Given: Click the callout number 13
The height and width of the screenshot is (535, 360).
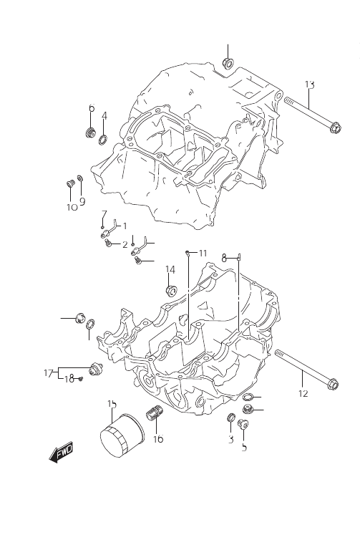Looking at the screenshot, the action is pos(310,85).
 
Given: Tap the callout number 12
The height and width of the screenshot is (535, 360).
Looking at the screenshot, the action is pos(303,393).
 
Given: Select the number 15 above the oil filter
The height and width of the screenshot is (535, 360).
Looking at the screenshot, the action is pos(112,404).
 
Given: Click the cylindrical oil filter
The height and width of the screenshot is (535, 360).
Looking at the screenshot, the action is pos(122,435).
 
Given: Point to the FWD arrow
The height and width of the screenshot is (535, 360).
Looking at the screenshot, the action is pos(62,453).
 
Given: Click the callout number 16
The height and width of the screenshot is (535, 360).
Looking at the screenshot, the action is pos(158,438).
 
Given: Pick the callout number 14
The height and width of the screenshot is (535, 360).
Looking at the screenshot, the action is pos(170,269).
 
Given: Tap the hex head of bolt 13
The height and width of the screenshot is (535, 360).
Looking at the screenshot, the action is pos(335,128).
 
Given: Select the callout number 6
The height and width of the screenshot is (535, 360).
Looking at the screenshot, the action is pos(92,108).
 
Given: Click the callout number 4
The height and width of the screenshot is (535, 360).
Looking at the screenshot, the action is pos(104,116).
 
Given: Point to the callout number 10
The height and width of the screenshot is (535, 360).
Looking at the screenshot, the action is pos(72,207).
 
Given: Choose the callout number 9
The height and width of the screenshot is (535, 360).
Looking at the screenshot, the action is pos(82,201).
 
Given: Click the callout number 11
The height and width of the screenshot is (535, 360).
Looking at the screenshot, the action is pos(203,253).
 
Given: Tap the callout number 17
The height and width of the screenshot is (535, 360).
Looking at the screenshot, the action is pos(49,373).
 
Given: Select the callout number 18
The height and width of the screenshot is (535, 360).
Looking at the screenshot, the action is pos(69,378).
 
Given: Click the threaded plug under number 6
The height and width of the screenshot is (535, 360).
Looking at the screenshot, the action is pos(90,132).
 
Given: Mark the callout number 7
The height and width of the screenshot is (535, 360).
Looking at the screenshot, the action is pos(104,214).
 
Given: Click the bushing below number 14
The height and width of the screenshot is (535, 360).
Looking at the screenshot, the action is pos(172,291).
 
